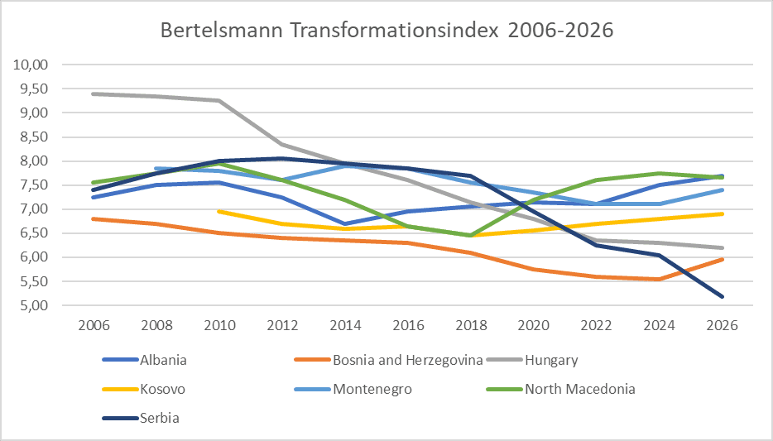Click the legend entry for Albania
[x=163, y=360]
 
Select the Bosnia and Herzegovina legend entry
[x=396, y=360]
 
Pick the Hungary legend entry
[x=550, y=360]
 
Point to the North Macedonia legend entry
[x=579, y=389]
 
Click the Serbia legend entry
[x=157, y=418]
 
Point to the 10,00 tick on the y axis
[x=33, y=65]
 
